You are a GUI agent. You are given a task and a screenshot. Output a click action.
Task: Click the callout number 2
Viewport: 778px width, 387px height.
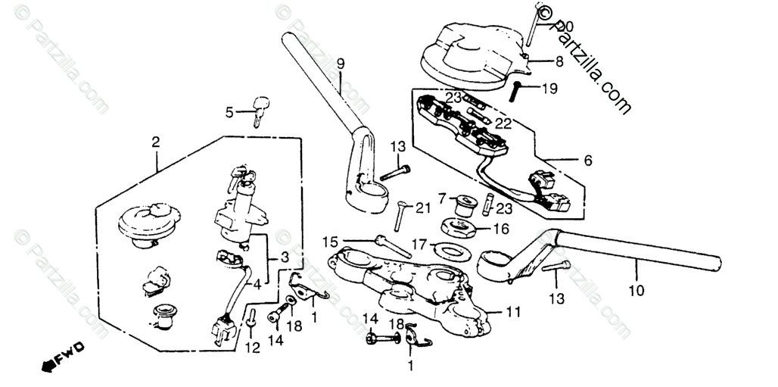tap(155, 142)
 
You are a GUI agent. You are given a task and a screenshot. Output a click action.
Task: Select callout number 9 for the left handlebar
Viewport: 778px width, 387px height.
tap(341, 63)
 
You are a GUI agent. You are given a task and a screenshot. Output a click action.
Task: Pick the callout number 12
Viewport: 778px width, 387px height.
tap(252, 348)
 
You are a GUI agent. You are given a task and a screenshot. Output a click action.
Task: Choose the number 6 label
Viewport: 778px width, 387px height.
tap(588, 160)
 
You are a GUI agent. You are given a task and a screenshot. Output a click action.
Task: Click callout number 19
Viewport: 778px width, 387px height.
tap(549, 88)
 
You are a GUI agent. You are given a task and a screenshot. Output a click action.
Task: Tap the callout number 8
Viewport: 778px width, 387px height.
tap(559, 61)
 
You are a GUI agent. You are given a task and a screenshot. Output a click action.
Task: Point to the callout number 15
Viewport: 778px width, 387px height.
tap(328, 242)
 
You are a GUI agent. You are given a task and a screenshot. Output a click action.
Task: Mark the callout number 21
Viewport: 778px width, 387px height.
tap(423, 208)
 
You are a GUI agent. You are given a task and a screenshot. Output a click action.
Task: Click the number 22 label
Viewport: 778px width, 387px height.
tap(503, 122)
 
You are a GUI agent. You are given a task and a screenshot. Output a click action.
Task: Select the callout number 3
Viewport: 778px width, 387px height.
tap(284, 257)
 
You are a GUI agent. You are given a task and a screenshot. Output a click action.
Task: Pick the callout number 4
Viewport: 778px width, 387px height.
tap(257, 286)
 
